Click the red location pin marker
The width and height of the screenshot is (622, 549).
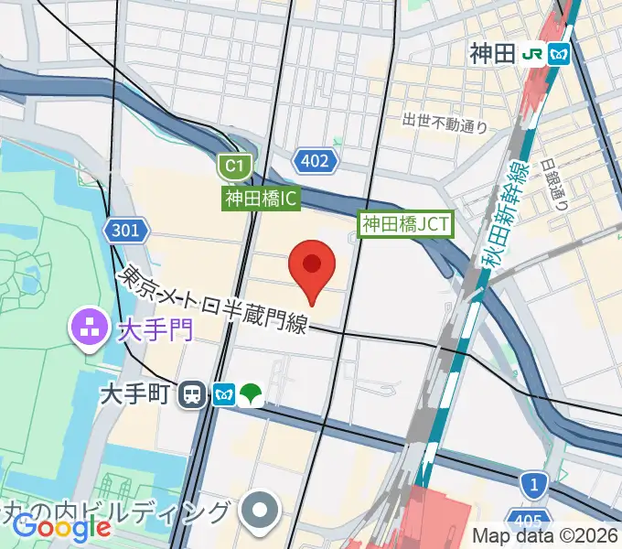pos(311,268)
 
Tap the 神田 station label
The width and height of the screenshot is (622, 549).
pos(493,54)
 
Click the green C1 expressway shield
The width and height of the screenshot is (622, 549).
pos(235,166)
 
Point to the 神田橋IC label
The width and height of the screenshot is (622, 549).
pos(262,198)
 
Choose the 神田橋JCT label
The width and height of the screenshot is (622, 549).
pos(405,223)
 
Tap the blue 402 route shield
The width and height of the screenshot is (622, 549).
pos(315,161)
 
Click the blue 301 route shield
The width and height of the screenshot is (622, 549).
pos(125,230)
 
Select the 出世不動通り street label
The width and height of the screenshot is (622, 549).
pos(445,122)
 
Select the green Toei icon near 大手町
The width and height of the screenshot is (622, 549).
pos(251,394)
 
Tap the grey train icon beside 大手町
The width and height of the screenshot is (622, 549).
pos(193,394)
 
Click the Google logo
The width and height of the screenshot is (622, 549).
pos(61,526)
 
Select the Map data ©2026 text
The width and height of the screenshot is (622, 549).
pos(545,535)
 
